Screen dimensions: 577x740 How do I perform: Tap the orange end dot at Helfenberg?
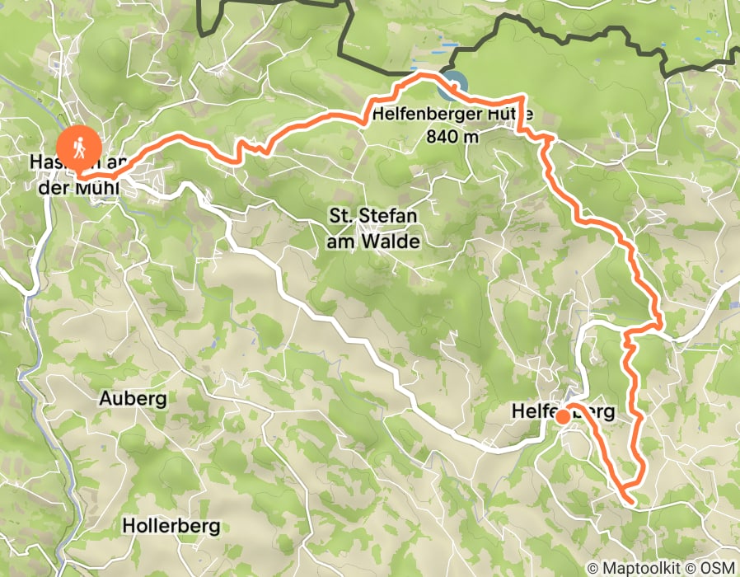(562, 417)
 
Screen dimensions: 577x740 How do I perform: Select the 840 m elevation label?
(452, 137)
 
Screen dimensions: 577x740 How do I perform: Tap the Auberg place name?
(133, 399)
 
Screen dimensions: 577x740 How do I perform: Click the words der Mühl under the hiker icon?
(79, 189)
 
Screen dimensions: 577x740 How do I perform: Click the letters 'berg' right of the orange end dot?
(593, 410)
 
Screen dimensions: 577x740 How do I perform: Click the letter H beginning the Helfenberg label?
(518, 410)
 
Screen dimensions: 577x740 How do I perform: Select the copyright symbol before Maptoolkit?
(592, 568)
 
